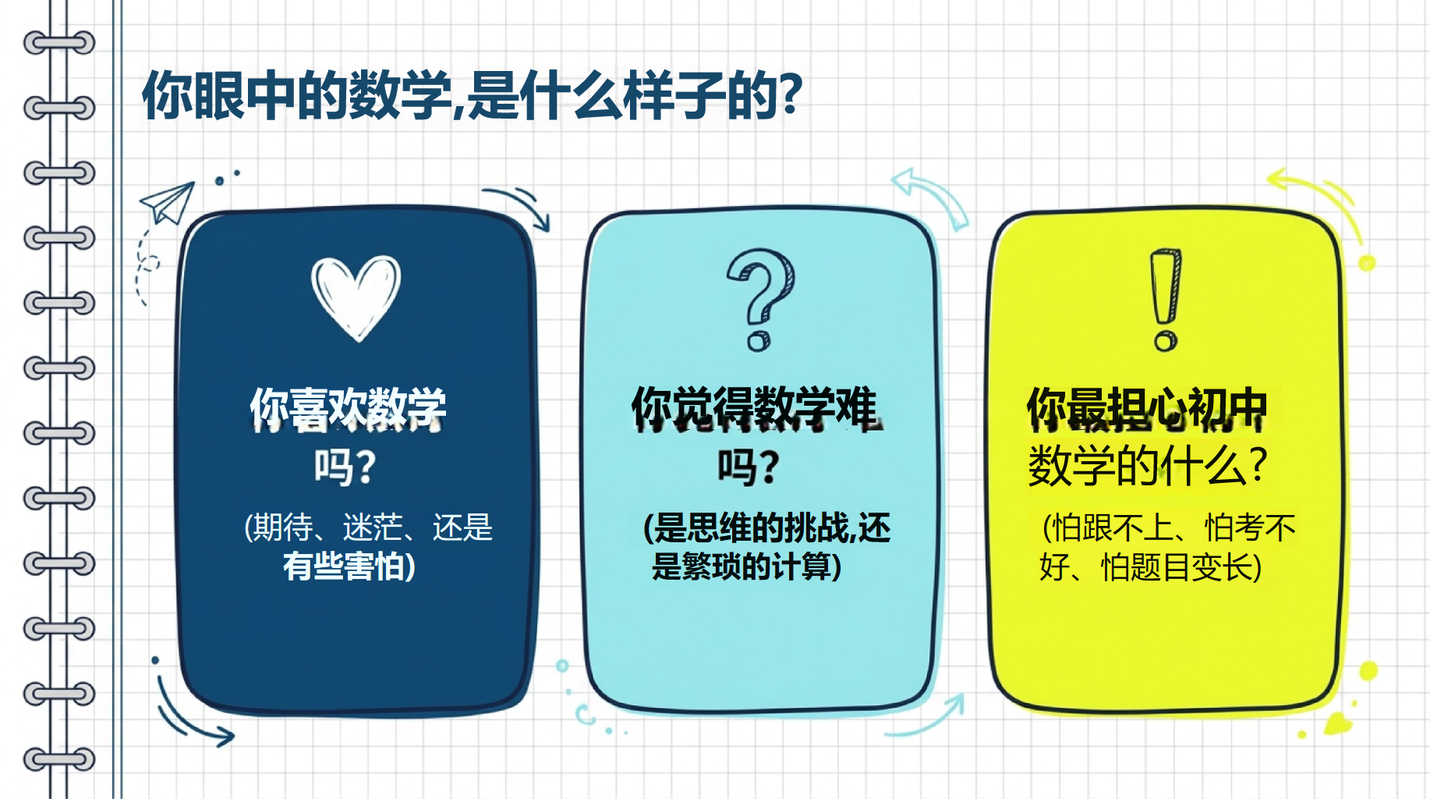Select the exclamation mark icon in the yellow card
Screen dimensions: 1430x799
coord(1166,300)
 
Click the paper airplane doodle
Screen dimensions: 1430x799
coord(167,201)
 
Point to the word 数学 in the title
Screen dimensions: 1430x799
coord(401,95)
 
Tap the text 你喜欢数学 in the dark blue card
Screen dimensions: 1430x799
coord(348,408)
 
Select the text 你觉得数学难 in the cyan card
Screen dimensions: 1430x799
coord(755,407)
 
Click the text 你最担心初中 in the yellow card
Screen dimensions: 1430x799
coord(1146,408)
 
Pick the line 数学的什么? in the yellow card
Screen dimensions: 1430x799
coord(1148,466)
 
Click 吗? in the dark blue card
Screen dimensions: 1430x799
coord(345,467)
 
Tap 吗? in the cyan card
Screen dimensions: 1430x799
coord(749,467)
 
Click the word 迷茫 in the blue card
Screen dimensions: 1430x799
coord(373,528)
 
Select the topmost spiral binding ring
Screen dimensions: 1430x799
coord(59,42)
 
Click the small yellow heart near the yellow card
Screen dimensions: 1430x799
coord(1339,723)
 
